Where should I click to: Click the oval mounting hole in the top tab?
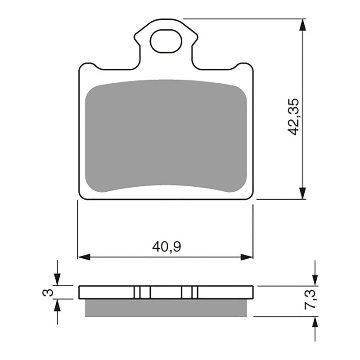click(x=165, y=42)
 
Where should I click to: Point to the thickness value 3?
click(x=45, y=292)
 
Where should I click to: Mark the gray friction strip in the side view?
click(x=166, y=307)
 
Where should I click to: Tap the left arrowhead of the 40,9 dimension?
click(x=84, y=257)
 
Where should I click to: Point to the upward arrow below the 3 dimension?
click(x=57, y=306)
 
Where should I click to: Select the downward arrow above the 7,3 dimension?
click(x=315, y=279)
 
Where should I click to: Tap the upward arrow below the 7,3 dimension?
click(x=315, y=323)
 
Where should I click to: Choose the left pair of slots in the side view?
click(x=142, y=292)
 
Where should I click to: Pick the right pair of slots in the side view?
click(x=189, y=292)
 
